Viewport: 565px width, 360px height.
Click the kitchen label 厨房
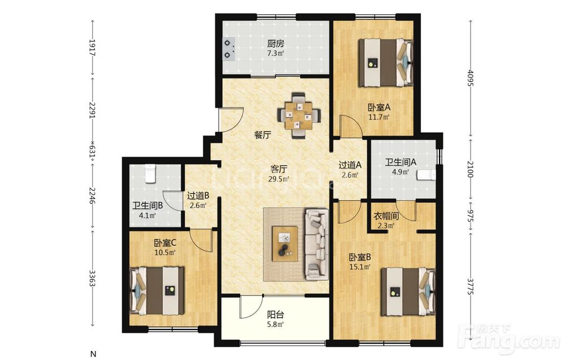tap(276, 44)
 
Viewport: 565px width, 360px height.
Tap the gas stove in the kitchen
tap(229, 49)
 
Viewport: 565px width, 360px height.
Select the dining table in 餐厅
tap(299, 116)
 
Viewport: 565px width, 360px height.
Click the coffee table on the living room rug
tap(285, 244)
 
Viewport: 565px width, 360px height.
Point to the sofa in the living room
tap(317, 244)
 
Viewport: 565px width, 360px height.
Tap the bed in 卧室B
tap(408, 292)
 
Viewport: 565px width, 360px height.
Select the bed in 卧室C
tap(157, 290)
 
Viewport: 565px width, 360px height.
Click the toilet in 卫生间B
tap(150, 174)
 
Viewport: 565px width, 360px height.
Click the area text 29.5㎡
tap(279, 179)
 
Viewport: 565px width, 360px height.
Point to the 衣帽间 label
tap(385, 216)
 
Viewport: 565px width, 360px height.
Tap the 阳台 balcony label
tap(276, 315)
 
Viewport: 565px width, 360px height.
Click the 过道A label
tap(350, 166)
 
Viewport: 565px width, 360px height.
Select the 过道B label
tap(198, 196)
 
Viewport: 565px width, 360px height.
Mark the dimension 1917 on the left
tap(92, 47)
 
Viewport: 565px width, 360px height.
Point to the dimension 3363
tap(92, 278)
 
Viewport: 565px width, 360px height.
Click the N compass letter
tap(93, 354)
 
